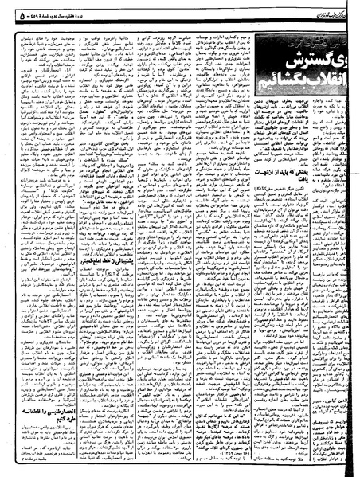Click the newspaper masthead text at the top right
point(319,8)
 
